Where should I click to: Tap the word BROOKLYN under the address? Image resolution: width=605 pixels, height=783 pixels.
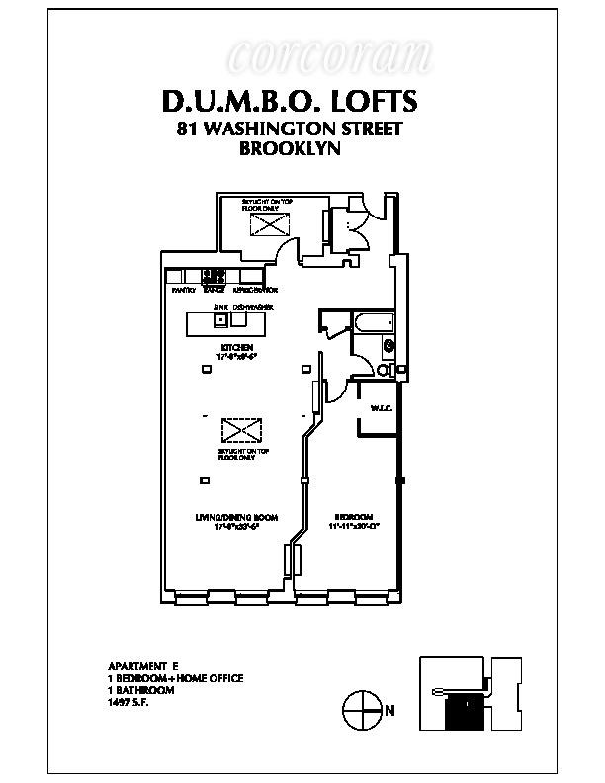(x=291, y=149)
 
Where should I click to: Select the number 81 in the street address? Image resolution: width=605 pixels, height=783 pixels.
(x=186, y=129)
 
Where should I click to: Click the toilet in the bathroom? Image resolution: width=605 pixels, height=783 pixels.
(x=386, y=370)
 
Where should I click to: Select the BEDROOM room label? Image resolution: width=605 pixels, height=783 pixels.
(x=353, y=517)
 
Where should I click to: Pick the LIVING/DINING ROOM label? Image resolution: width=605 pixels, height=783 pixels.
(x=236, y=517)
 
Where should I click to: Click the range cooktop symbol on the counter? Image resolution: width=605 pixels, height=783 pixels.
(x=214, y=277)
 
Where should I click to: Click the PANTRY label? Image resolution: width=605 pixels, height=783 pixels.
(x=184, y=290)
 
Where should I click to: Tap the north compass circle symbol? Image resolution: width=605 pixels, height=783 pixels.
(x=360, y=708)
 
